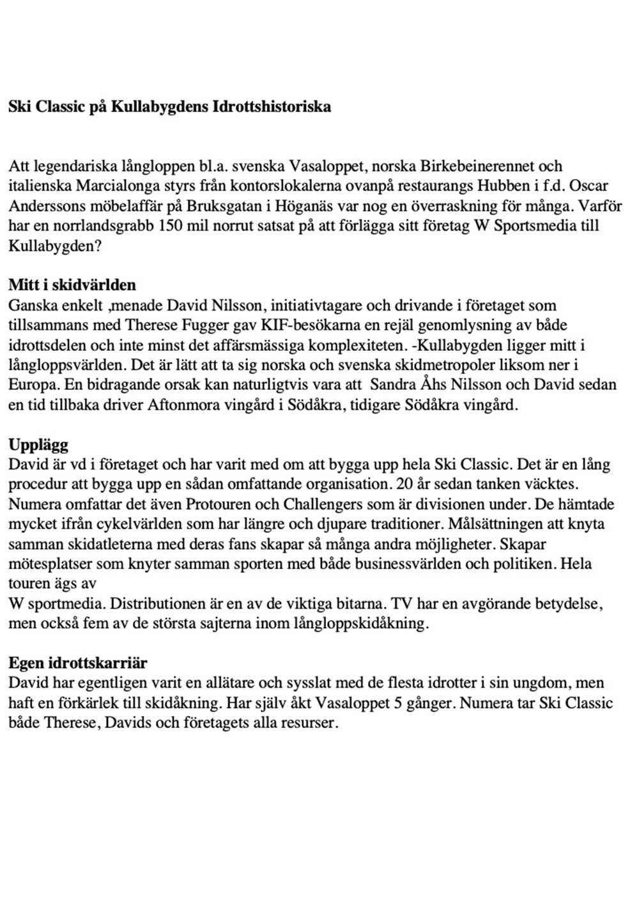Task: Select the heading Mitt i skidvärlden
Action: tap(72, 285)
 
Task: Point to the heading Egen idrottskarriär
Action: tap(78, 663)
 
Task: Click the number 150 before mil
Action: tap(172, 226)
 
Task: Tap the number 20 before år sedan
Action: tap(404, 484)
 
